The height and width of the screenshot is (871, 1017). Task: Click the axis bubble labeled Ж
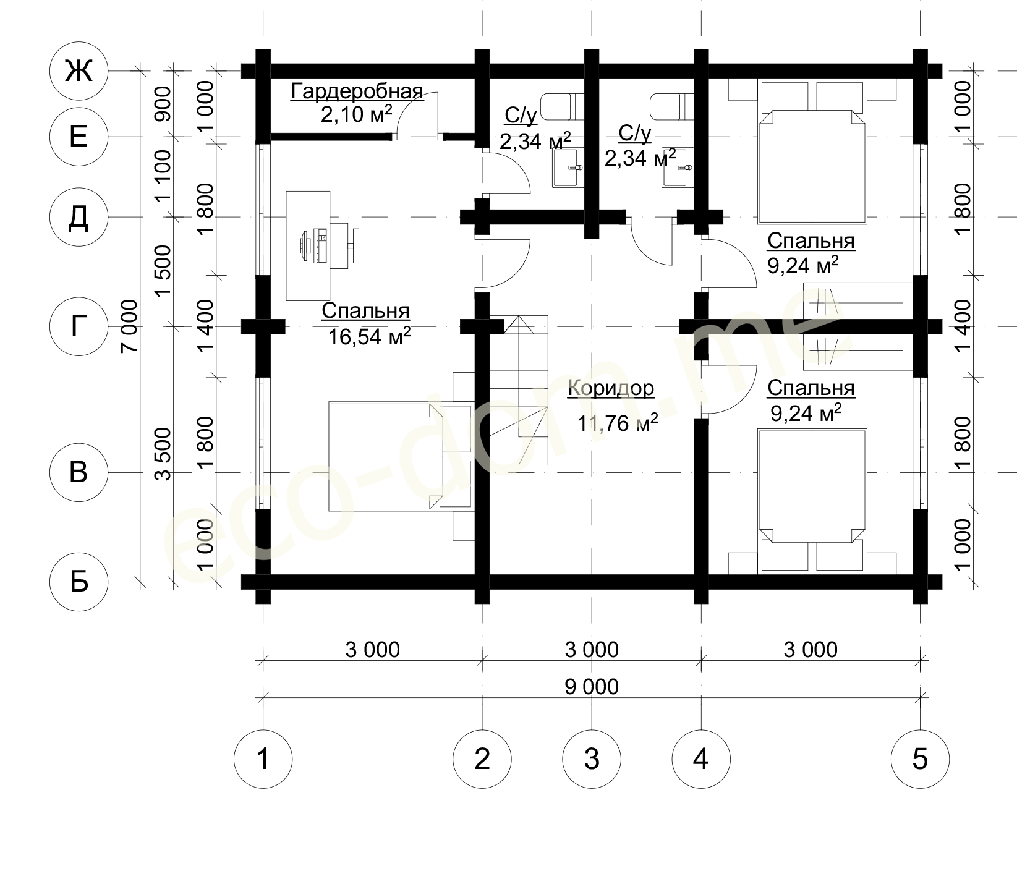coord(79,72)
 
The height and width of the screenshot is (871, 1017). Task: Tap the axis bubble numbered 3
coord(592,758)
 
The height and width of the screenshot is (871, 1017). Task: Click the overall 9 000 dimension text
coord(592,686)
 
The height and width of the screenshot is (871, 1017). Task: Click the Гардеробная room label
coord(357,92)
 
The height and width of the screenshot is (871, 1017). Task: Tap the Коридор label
coord(611,388)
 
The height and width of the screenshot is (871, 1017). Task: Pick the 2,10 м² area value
coord(357,114)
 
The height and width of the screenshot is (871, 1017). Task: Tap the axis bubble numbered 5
coord(920,758)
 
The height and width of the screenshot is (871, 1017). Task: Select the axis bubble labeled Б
coord(79,582)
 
